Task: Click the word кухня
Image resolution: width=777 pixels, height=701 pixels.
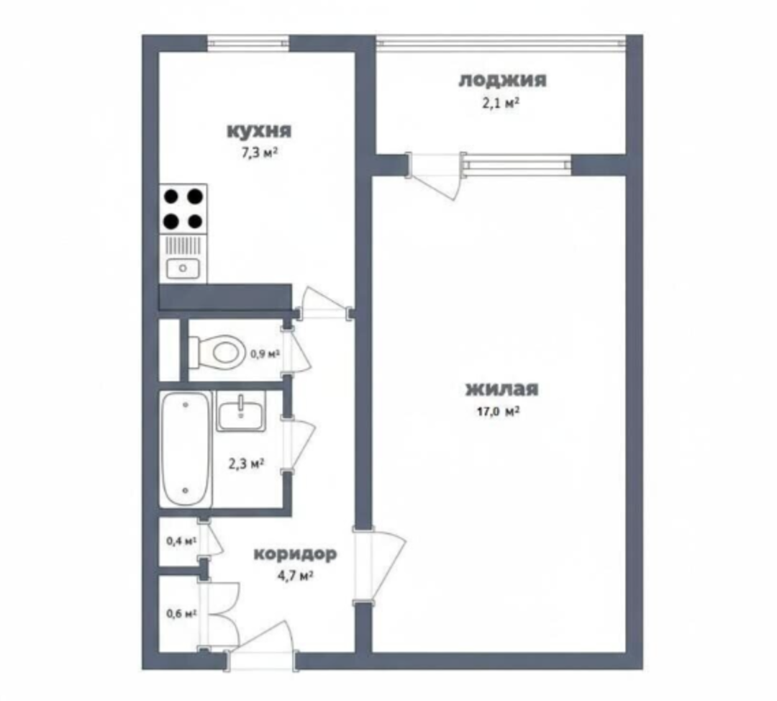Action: pyautogui.click(x=259, y=132)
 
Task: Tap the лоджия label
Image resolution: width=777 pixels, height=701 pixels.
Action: pyautogui.click(x=502, y=81)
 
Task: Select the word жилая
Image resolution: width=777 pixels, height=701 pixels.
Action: pyautogui.click(x=501, y=389)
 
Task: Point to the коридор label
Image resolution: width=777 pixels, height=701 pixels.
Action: pyautogui.click(x=296, y=554)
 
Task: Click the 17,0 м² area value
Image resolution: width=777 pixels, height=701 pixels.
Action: pyautogui.click(x=498, y=412)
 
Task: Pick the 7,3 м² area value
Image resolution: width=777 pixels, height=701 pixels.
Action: pyautogui.click(x=259, y=153)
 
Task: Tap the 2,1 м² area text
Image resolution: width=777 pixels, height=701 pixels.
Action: pyautogui.click(x=501, y=103)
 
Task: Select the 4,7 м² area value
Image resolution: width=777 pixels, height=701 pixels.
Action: pyautogui.click(x=295, y=576)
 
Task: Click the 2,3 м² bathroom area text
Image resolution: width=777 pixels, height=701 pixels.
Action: pyautogui.click(x=246, y=464)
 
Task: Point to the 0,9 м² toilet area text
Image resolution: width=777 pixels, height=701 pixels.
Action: pyautogui.click(x=265, y=354)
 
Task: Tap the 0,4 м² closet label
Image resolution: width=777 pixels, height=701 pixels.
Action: pyautogui.click(x=182, y=541)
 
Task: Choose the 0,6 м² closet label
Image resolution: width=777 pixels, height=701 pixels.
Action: pyautogui.click(x=182, y=614)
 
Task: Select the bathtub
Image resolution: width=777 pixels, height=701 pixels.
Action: pyautogui.click(x=186, y=449)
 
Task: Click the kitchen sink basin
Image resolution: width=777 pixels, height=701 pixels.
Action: pyautogui.click(x=183, y=268)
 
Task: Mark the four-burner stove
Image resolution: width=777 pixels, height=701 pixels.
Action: pyautogui.click(x=183, y=209)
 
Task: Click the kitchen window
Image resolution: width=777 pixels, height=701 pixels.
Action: pyautogui.click(x=248, y=43)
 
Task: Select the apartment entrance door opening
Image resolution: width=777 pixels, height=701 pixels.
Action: pyautogui.click(x=262, y=660)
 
